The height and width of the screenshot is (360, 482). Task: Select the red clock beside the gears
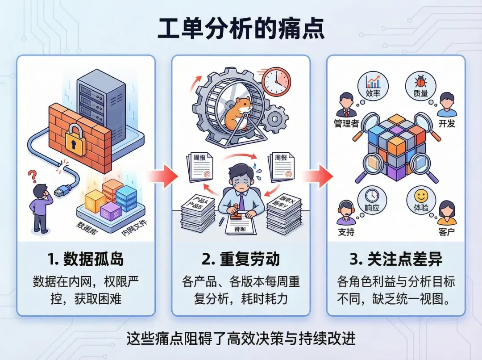(276, 81)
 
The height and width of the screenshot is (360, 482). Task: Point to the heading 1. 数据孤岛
(86, 259)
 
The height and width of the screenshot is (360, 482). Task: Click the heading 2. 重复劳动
(241, 259)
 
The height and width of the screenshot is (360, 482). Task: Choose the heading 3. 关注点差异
(396, 259)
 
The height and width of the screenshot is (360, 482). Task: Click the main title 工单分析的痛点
(241, 30)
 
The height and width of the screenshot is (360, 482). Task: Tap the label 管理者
(346, 123)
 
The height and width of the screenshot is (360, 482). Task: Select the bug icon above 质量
(420, 81)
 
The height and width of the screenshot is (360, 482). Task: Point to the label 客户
(447, 232)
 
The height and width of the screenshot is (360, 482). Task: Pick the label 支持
(346, 232)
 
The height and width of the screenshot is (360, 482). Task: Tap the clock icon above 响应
(372, 195)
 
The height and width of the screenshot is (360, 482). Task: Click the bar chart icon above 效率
(372, 81)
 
